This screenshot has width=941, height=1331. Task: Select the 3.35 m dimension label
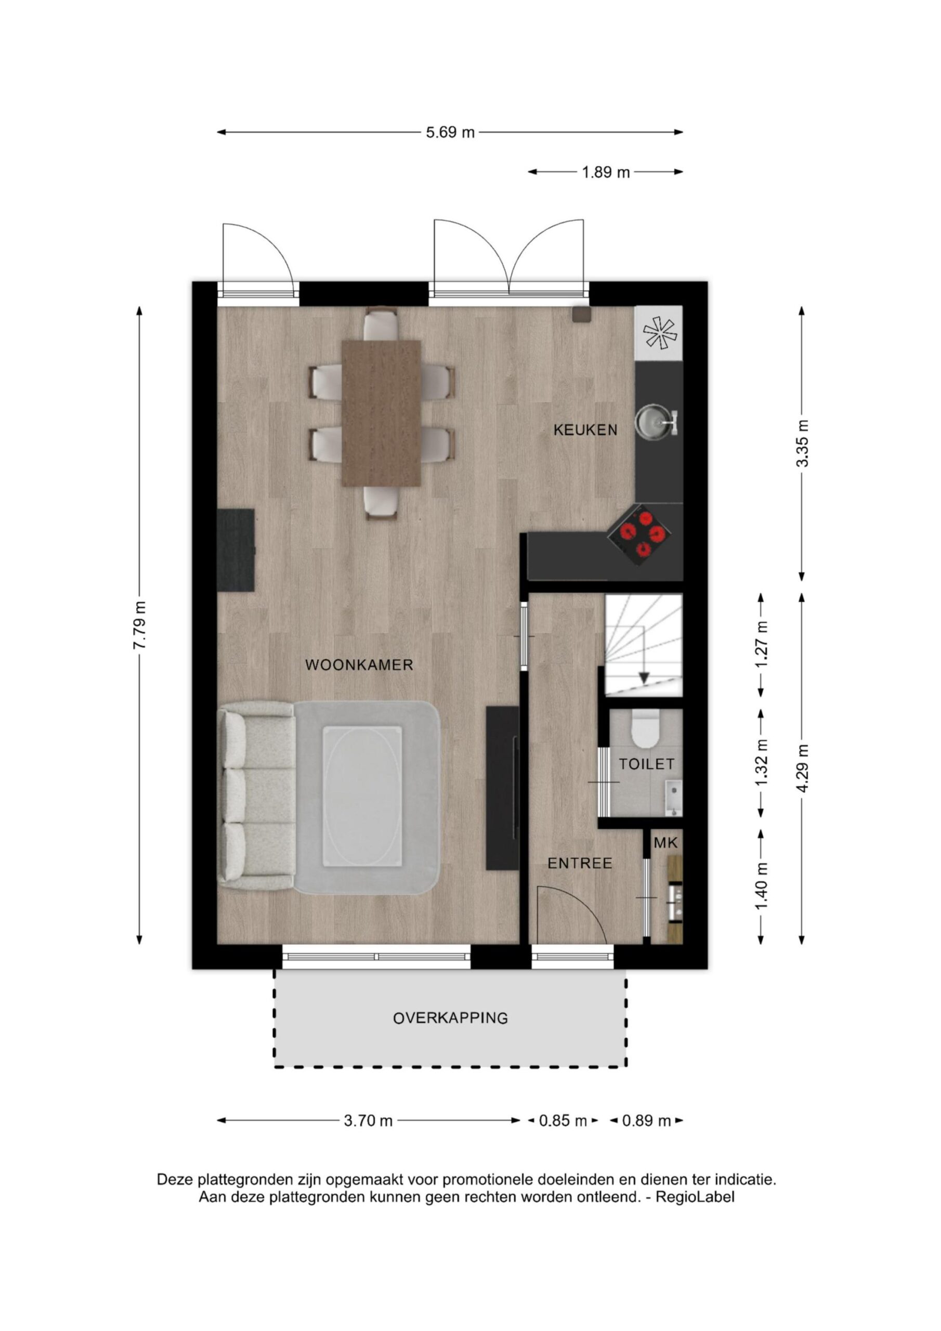(x=802, y=443)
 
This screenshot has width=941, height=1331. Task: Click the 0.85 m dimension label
(x=563, y=1121)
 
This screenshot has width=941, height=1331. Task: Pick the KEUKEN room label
(x=585, y=430)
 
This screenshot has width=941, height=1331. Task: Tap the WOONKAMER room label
(x=359, y=665)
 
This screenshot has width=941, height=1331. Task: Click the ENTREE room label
(x=580, y=864)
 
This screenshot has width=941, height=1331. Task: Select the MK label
(x=665, y=843)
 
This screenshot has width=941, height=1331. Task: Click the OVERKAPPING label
(x=451, y=1018)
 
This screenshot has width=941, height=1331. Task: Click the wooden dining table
(x=381, y=413)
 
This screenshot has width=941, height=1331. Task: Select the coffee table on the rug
(x=362, y=797)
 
